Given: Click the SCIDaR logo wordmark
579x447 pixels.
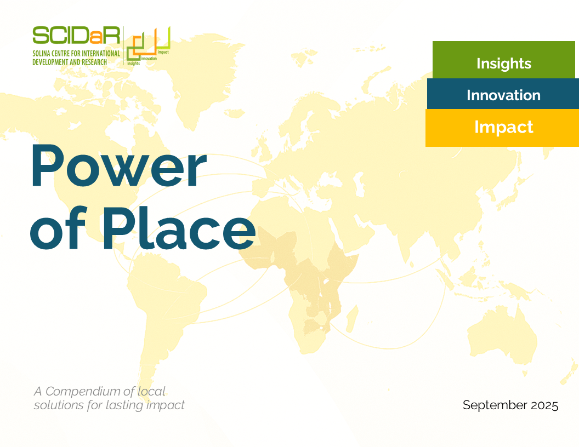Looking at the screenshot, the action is (76, 36).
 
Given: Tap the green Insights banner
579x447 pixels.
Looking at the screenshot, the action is (504, 60).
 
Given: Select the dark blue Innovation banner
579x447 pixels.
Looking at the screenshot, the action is (503, 94).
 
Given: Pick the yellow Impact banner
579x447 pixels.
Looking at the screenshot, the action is (502, 128).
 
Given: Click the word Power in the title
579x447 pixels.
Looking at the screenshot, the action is (118, 166).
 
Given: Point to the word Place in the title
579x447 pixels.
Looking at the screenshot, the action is (179, 227).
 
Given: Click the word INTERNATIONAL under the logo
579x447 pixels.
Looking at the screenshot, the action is (101, 54).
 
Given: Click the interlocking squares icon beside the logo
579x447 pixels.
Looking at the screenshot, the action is (148, 45).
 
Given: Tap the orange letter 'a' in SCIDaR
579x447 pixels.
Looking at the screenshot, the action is (94, 37).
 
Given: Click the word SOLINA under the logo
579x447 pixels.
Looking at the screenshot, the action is (41, 54).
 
